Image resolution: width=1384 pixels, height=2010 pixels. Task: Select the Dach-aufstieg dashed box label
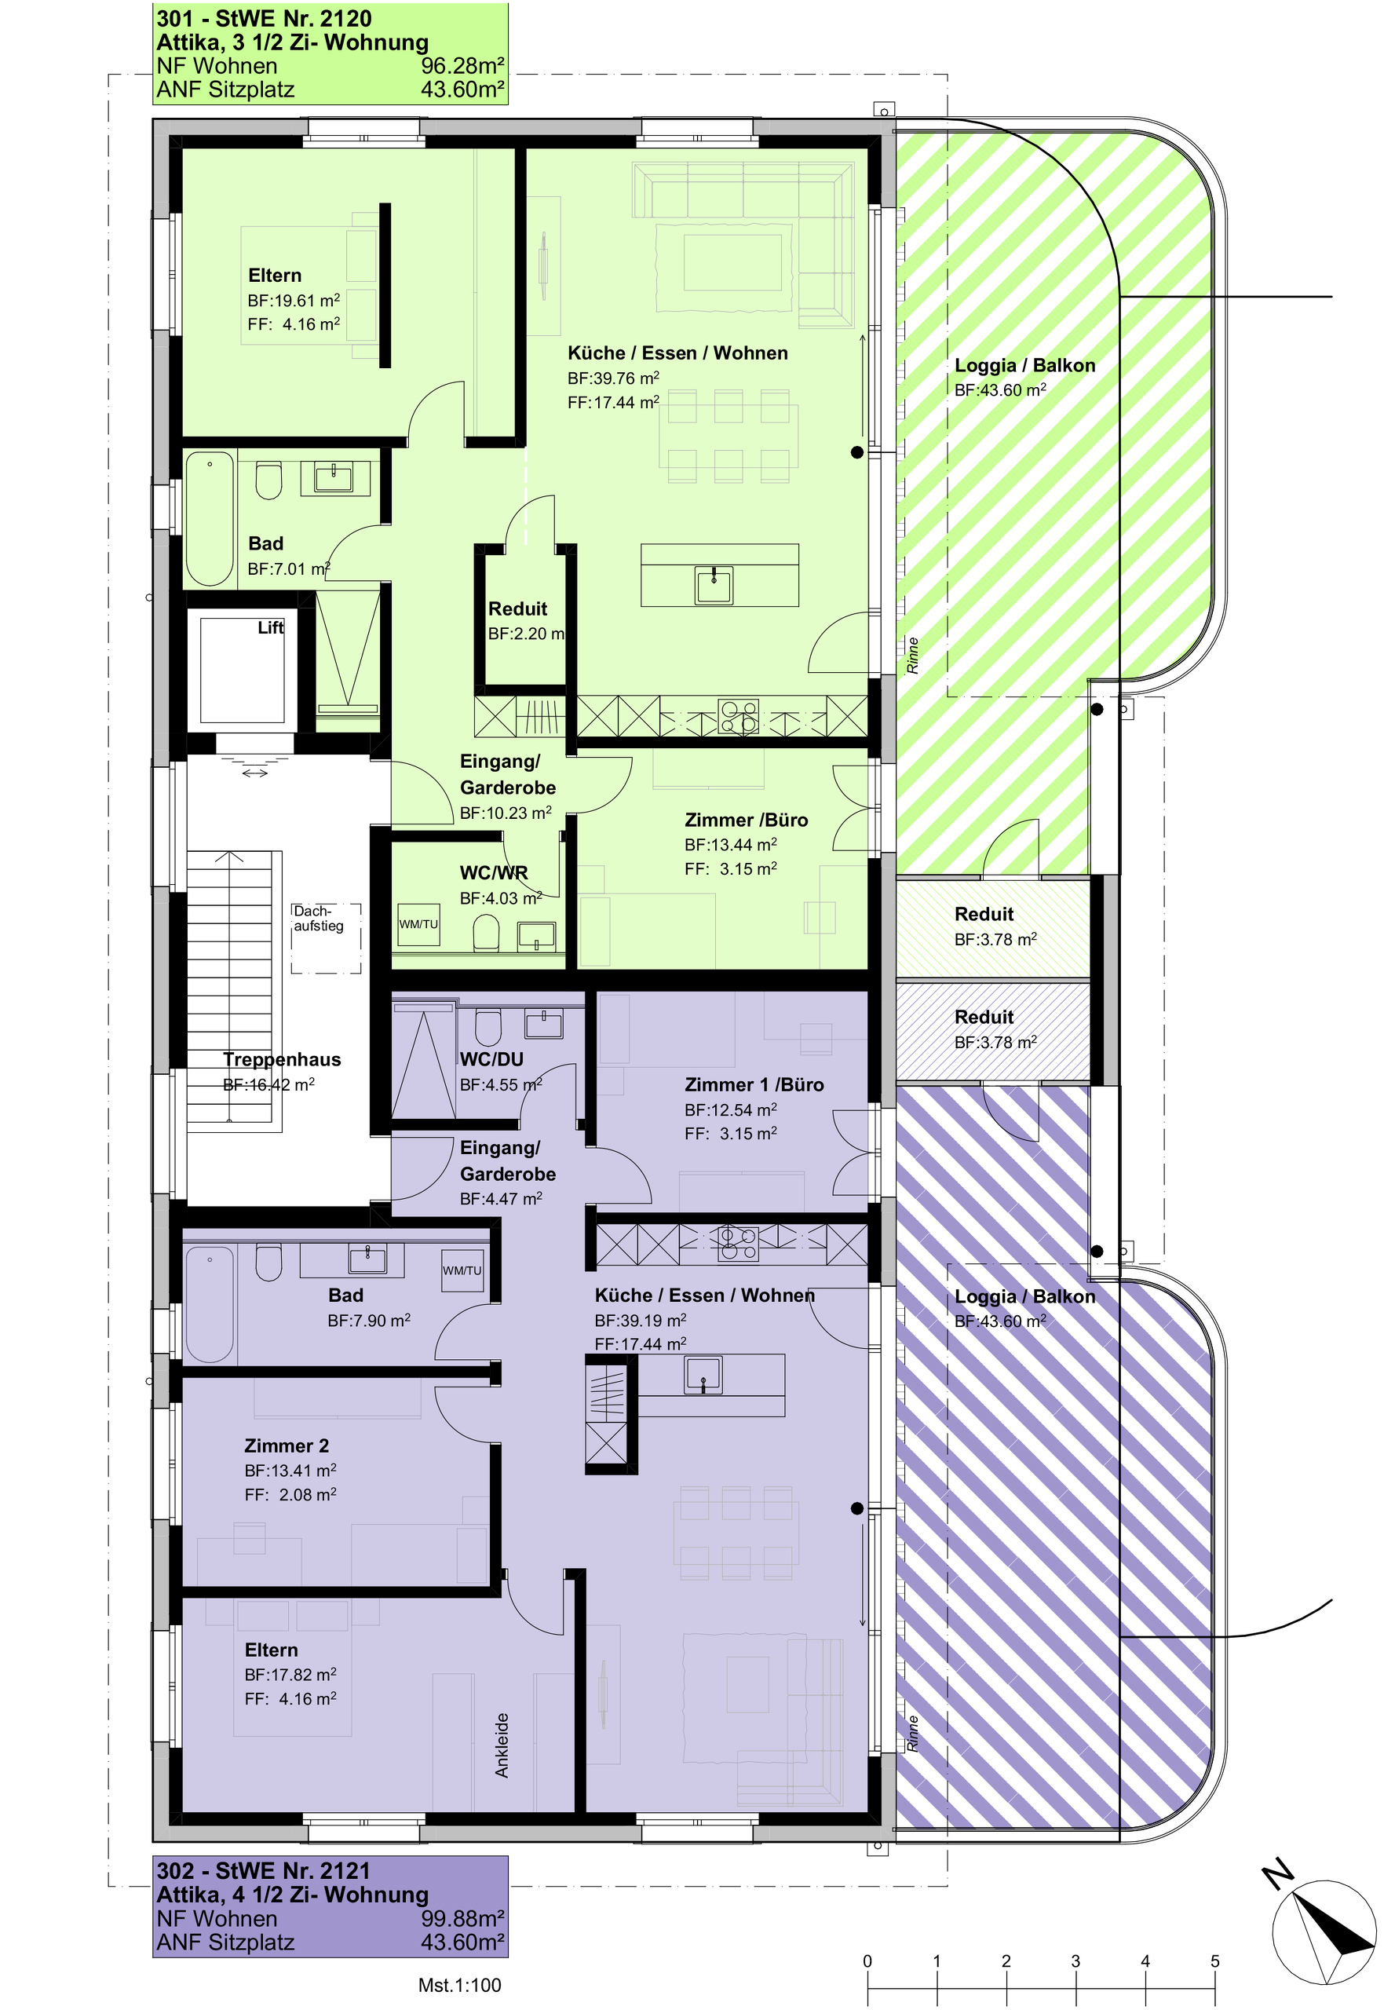[x=318, y=919]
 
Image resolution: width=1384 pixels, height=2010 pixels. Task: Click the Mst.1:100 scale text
[x=459, y=1985]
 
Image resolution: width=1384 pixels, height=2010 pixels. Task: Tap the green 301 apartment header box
[x=330, y=53]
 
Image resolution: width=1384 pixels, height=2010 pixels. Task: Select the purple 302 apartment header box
[x=330, y=1907]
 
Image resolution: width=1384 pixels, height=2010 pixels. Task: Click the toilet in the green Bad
[x=268, y=481]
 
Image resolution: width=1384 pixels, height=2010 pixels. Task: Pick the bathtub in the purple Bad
[x=209, y=1304]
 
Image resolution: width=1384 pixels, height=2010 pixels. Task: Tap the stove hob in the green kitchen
[x=739, y=717]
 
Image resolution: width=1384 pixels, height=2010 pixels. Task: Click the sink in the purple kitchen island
[x=703, y=1374]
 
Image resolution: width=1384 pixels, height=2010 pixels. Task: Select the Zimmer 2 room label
[x=287, y=1445]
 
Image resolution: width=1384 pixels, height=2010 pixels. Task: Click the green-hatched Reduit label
[x=984, y=914]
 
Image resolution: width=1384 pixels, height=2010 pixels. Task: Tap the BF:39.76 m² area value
[x=613, y=378]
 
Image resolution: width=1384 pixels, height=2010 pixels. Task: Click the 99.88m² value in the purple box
[x=463, y=1919]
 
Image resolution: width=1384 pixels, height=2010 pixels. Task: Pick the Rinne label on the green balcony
[x=912, y=656]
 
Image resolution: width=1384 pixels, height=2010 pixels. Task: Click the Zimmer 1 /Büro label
[x=754, y=1085]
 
